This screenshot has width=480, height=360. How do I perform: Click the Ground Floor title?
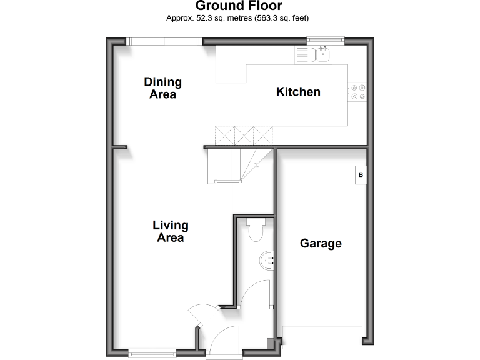click(239, 6)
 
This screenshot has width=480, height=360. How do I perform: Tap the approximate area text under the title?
click(237, 18)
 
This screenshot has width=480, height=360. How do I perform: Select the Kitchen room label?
click(298, 92)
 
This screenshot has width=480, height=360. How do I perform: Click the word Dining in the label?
click(162, 82)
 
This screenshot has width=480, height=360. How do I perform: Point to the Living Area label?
click(171, 231)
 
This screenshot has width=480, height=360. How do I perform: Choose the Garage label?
click(321, 243)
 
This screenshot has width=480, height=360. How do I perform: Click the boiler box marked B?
click(361, 176)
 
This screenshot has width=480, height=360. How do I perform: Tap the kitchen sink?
click(322, 55)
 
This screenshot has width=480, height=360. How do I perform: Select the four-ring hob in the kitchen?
click(357, 92)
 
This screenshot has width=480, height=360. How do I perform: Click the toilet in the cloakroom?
click(255, 231)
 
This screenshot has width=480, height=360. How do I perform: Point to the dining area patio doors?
click(165, 41)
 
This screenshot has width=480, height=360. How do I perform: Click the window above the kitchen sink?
click(325, 41)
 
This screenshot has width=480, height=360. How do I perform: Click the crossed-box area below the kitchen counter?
click(244, 134)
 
